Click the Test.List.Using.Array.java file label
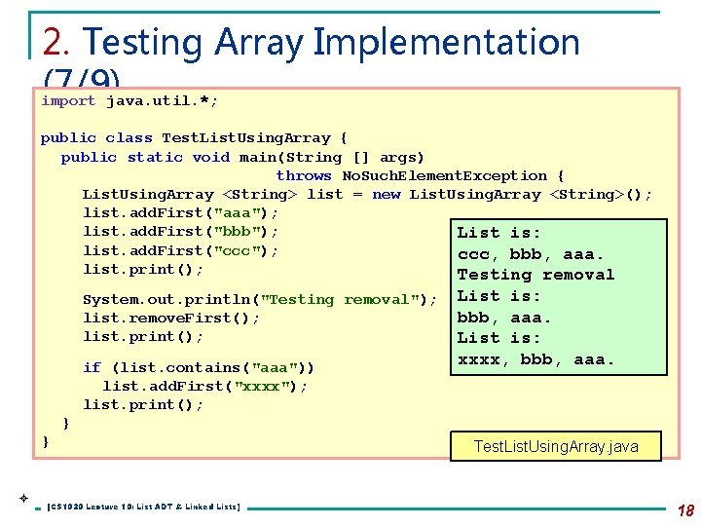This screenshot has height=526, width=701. coord(555,447)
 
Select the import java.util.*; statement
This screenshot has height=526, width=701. coord(129,100)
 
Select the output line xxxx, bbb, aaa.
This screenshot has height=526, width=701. coord(536,359)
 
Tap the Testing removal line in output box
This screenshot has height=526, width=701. coord(535,275)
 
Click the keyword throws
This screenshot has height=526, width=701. coord(304,176)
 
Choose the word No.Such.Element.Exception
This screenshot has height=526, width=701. coord(444,176)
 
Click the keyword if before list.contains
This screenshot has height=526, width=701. coord(92,367)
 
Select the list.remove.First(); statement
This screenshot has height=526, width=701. coord(171,319)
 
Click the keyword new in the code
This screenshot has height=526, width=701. coord(387,195)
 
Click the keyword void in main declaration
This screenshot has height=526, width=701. coord(211,157)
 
